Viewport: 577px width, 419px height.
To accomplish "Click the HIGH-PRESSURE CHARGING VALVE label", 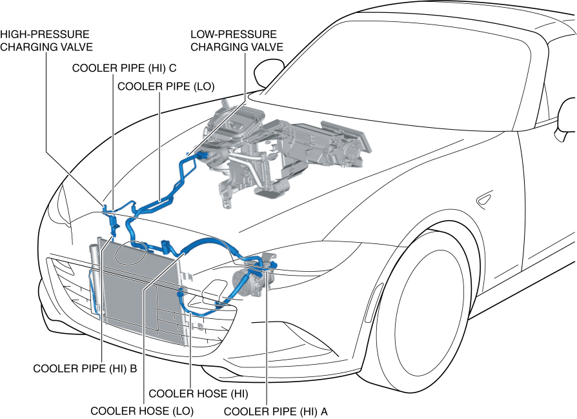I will point(46,40).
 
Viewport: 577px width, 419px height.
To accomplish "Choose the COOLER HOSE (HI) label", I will point(199,393).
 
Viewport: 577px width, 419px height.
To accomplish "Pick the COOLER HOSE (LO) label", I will point(141,410).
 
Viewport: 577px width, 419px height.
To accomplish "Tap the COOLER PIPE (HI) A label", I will point(276,410).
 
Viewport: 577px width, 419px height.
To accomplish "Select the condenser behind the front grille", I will point(139,291).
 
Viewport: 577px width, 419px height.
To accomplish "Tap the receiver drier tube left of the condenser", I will point(95,278).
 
